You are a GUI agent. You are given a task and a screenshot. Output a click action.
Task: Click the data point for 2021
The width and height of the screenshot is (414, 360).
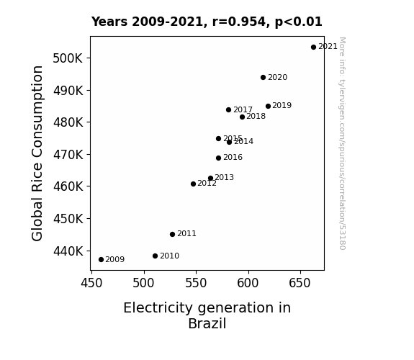tap(313, 48)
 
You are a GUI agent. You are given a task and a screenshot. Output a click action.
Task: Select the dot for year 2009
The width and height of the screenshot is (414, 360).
tap(101, 260)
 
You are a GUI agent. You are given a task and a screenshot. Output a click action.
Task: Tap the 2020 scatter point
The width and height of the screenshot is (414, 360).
tap(263, 77)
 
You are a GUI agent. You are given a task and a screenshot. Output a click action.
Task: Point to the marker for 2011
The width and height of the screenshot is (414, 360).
tap(172, 234)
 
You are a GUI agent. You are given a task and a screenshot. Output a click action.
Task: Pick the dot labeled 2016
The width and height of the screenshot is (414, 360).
tap(218, 158)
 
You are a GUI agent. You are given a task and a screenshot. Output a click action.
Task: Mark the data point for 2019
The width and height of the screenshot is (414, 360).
tap(268, 106)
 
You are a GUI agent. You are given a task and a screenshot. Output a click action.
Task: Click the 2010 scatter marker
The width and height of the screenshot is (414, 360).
tap(155, 256)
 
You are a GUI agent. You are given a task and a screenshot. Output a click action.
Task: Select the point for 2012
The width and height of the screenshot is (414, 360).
tap(193, 184)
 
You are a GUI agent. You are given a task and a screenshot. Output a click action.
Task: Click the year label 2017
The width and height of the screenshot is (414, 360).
tap(243, 109)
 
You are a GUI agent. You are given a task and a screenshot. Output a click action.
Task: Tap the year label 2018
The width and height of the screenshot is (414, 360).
tap(256, 116)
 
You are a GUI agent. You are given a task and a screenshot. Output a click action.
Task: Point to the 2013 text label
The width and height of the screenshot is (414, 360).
tap(224, 177)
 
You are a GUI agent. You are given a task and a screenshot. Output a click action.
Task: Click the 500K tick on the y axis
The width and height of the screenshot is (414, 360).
tap(68, 58)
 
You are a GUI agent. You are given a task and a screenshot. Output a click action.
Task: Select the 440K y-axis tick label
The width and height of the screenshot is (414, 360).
tap(68, 251)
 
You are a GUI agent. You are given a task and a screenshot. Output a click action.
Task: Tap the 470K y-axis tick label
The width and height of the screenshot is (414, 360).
tap(68, 155)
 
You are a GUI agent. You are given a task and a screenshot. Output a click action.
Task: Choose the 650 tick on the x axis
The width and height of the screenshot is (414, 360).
tap(300, 283)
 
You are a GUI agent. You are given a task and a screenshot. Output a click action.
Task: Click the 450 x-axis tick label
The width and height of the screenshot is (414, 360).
tap(91, 283)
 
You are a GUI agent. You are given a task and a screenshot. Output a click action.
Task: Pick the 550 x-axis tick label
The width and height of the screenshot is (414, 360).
tap(196, 283)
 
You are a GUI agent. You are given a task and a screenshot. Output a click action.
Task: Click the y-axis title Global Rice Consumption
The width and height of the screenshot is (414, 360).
tap(37, 153)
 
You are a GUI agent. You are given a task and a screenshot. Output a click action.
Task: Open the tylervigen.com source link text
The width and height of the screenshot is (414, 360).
tap(342, 143)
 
